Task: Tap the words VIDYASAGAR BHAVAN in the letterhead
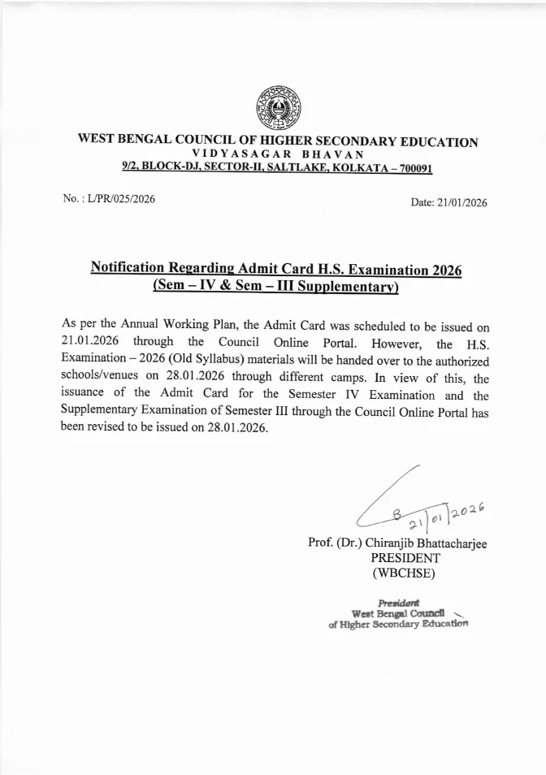coord(277,154)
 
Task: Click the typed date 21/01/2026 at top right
coord(460,203)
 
